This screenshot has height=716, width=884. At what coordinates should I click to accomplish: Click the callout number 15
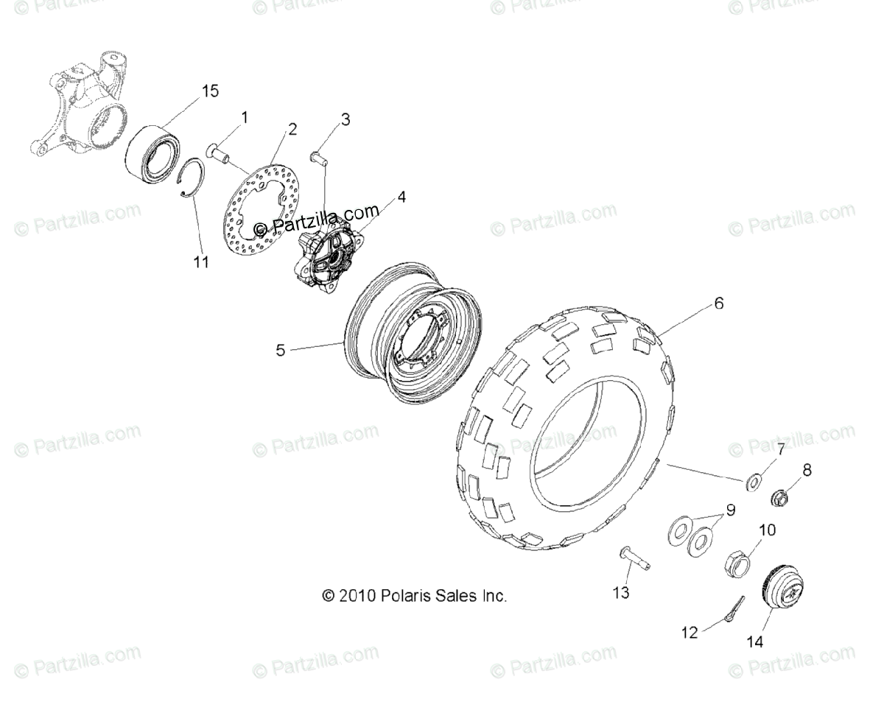coord(210,91)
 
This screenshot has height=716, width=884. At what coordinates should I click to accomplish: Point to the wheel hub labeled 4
coord(329,253)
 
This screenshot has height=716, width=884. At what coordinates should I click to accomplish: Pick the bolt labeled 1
coord(220,152)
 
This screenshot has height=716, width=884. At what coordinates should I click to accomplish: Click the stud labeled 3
coord(319,157)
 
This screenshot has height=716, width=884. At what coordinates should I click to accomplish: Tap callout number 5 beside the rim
coord(280,351)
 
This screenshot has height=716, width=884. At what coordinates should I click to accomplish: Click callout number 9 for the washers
coord(730,509)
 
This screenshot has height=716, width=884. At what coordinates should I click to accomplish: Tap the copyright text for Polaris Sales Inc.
coord(414,595)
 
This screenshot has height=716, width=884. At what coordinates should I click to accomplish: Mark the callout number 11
coord(201,262)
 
